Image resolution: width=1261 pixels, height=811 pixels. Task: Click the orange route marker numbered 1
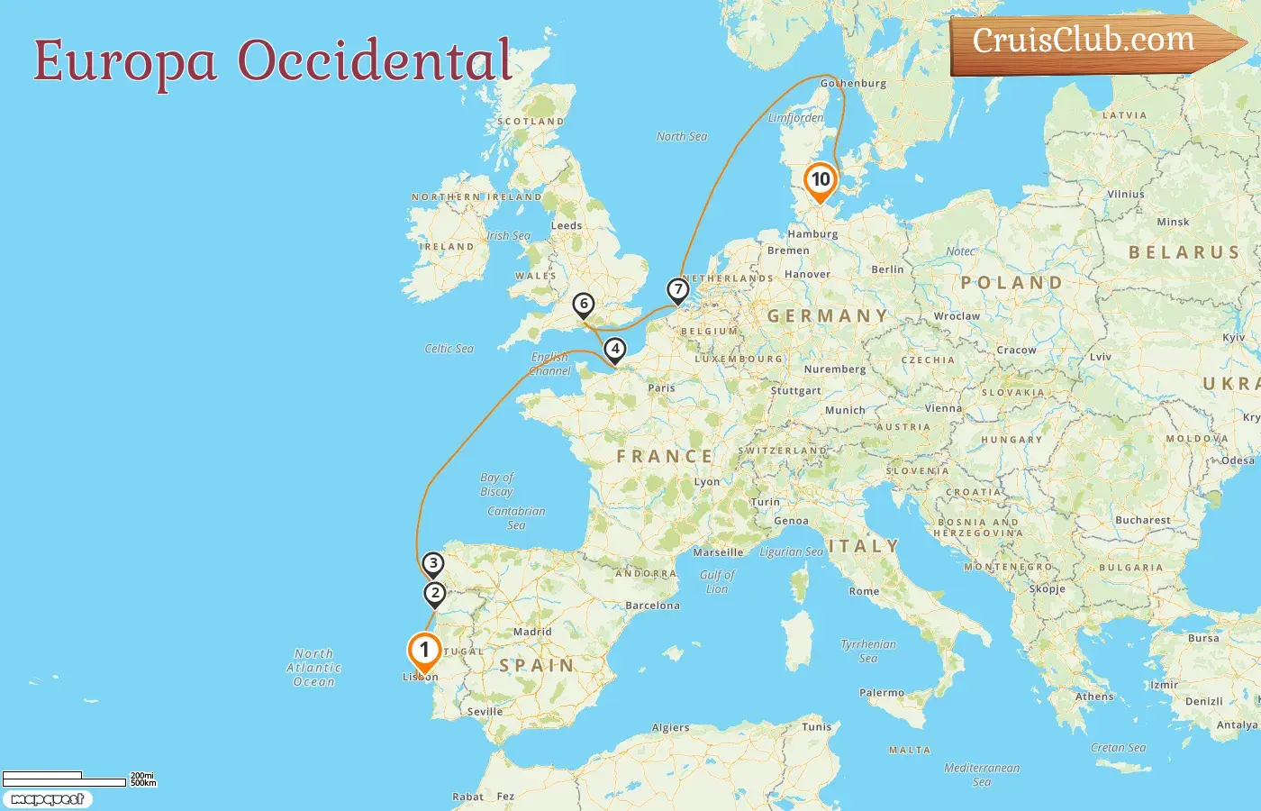(424, 651)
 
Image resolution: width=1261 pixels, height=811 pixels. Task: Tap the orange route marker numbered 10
(821, 179)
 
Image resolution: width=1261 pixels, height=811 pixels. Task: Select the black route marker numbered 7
(677, 290)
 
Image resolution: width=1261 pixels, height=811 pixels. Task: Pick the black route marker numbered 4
(615, 349)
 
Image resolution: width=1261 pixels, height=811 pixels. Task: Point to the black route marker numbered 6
(584, 305)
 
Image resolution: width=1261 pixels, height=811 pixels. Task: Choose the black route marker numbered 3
(433, 564)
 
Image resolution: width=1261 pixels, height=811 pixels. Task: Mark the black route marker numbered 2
(435, 593)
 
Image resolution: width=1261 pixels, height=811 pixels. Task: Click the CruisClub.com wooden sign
(1090, 42)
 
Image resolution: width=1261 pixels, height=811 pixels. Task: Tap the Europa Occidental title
(273, 61)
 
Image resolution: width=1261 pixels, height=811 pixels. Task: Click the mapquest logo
(47, 799)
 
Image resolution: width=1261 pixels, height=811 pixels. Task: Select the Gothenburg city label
(854, 83)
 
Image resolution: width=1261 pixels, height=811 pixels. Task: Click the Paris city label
(661, 388)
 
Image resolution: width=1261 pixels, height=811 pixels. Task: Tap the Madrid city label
(532, 632)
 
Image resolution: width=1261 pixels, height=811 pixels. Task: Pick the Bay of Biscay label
(496, 484)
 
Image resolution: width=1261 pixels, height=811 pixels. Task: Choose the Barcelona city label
(652, 606)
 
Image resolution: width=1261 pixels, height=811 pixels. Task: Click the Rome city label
(864, 591)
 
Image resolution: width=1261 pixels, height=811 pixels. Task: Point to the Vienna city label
(943, 408)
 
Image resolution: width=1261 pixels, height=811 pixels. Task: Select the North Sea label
(682, 137)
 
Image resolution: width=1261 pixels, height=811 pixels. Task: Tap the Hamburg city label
(812, 234)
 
